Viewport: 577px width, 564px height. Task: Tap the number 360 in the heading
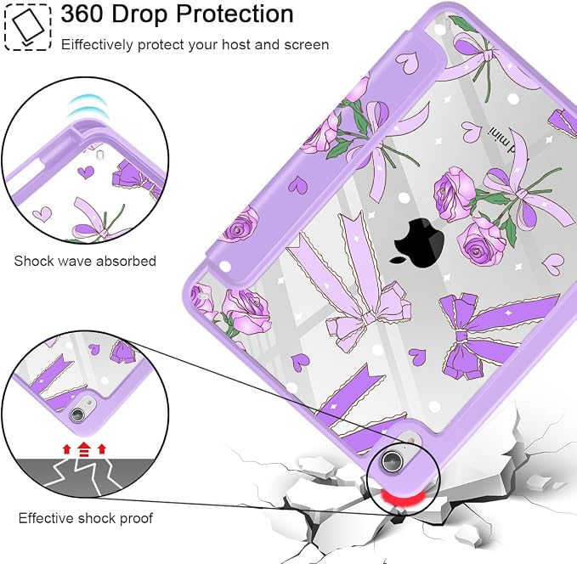[82, 14]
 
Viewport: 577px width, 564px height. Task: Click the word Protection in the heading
[235, 14]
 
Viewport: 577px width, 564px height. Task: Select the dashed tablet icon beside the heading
[27, 26]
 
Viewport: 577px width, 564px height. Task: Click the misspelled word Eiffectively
[97, 45]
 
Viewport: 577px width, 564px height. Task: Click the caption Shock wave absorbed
[85, 261]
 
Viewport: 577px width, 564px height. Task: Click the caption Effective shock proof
[85, 518]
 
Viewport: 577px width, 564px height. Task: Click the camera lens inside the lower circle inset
[77, 415]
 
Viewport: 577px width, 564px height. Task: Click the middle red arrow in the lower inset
[84, 448]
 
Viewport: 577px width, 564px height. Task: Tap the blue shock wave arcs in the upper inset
[86, 105]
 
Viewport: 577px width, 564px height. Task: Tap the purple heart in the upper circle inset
[86, 172]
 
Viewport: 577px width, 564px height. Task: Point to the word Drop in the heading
[140, 14]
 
